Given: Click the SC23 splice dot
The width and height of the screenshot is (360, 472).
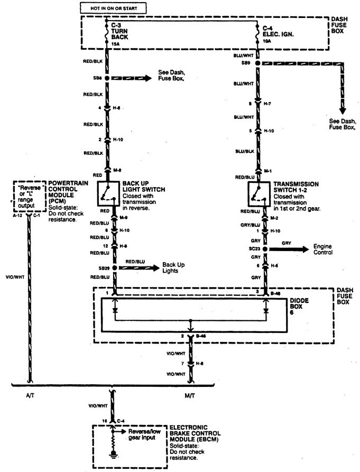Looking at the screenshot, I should [x=259, y=247].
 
